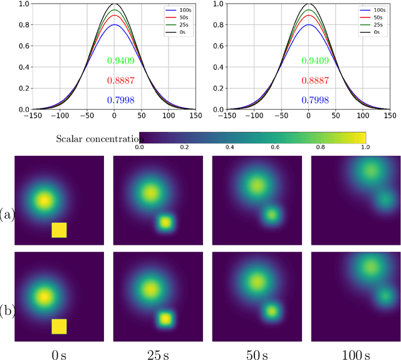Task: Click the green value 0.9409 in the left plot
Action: point(114,61)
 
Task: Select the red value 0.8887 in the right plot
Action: point(308,81)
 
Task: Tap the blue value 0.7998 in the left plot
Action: point(114,100)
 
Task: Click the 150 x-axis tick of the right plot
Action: point(390,116)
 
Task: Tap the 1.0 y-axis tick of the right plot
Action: point(217,3)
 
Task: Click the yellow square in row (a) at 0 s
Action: point(59,230)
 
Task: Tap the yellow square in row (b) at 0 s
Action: point(59,326)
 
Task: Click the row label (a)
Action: point(7,215)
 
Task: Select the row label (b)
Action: point(7,311)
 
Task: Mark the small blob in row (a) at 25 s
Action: point(165,222)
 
